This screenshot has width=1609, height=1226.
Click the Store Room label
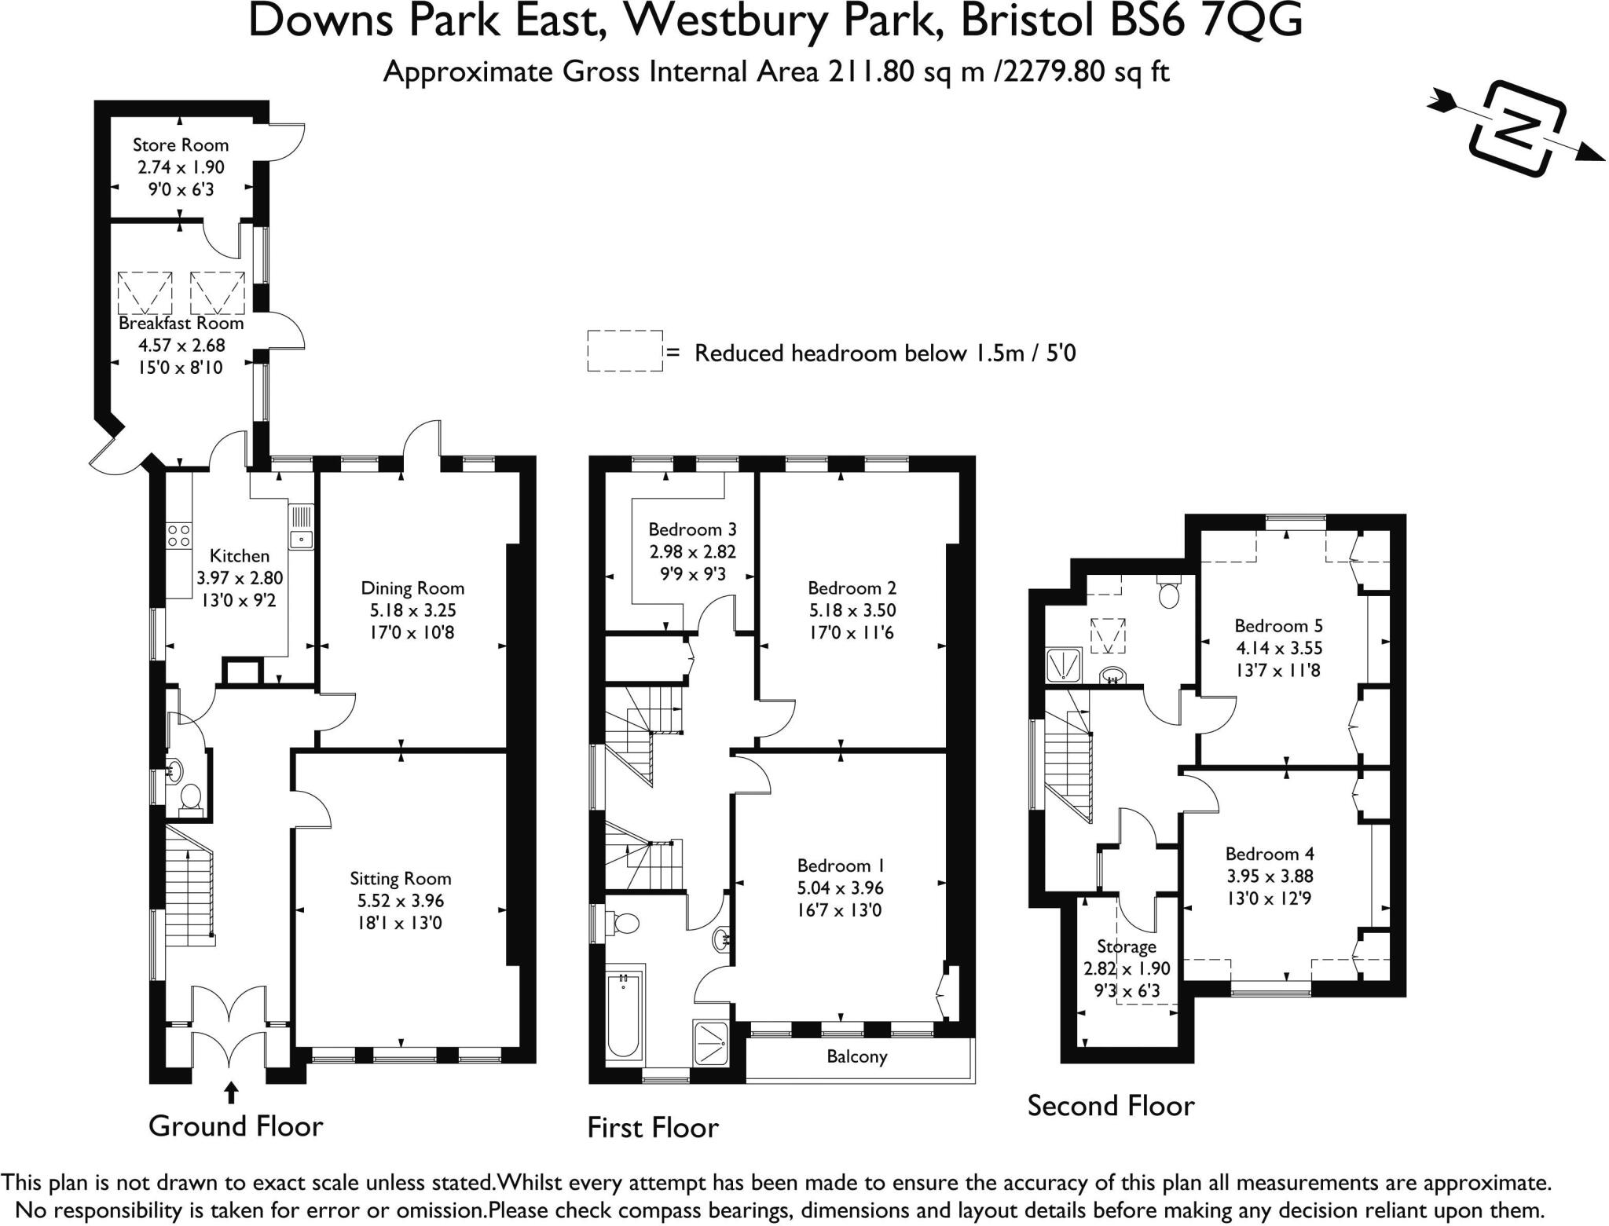pyautogui.click(x=181, y=145)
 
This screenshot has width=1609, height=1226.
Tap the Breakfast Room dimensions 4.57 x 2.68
pyautogui.click(x=181, y=345)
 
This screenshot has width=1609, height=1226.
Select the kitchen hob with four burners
pyautogui.click(x=178, y=536)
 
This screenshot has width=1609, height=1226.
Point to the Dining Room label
pyautogui.click(x=412, y=587)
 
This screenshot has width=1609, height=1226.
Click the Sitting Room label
pyautogui.click(x=401, y=878)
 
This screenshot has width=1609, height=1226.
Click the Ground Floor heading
pyautogui.click(x=236, y=1126)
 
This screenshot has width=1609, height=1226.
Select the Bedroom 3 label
pyautogui.click(x=692, y=529)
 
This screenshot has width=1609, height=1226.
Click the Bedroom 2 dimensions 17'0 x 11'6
pyautogui.click(x=852, y=632)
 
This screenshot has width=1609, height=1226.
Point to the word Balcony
pyautogui.click(x=856, y=1056)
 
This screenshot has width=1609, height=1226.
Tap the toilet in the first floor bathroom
pyautogui.click(x=625, y=923)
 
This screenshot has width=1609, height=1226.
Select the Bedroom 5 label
pyautogui.click(x=1278, y=625)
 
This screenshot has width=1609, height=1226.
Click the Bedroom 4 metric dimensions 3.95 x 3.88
pyautogui.click(x=1270, y=876)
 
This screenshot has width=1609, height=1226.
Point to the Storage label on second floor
pyautogui.click(x=1126, y=946)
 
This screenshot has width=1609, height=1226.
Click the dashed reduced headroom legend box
pyautogui.click(x=625, y=350)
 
